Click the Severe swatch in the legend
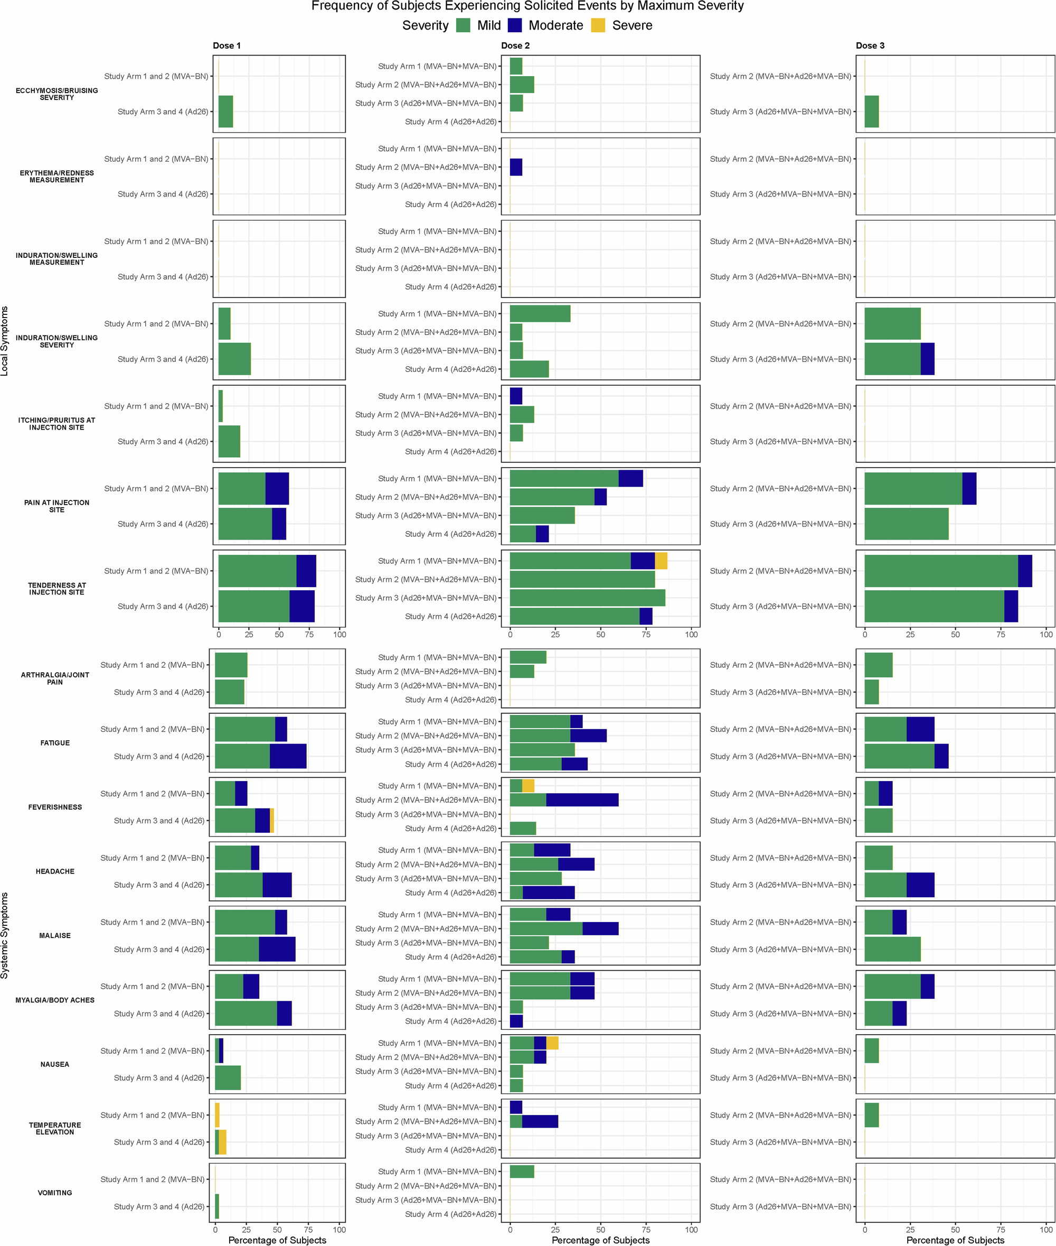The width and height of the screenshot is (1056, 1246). click(x=598, y=25)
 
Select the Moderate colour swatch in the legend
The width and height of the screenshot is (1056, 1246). click(x=514, y=25)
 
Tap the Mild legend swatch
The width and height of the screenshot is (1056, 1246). click(x=463, y=25)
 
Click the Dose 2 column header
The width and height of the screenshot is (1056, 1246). click(x=515, y=45)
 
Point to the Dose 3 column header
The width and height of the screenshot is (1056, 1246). click(x=869, y=45)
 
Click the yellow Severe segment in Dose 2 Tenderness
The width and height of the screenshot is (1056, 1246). click(x=661, y=561)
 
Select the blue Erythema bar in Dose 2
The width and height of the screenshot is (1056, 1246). click(x=515, y=167)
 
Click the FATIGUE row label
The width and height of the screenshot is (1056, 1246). click(x=55, y=743)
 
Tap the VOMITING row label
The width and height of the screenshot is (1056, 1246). click(x=55, y=1193)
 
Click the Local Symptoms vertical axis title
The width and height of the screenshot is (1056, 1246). click(x=5, y=341)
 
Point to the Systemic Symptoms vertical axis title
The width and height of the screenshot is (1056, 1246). click(x=5, y=935)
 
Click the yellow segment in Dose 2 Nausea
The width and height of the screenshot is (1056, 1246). click(x=552, y=1043)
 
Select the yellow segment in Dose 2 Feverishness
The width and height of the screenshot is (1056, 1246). click(x=528, y=785)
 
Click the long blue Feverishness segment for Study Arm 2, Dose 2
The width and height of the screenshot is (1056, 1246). click(x=582, y=799)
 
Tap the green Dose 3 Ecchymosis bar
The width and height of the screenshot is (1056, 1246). click(x=871, y=111)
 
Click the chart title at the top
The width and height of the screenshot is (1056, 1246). click(x=527, y=6)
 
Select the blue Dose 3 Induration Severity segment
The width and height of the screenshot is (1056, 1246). click(x=927, y=359)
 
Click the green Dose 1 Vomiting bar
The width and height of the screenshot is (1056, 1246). click(x=216, y=1206)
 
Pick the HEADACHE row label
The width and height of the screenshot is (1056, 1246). click(x=55, y=871)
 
